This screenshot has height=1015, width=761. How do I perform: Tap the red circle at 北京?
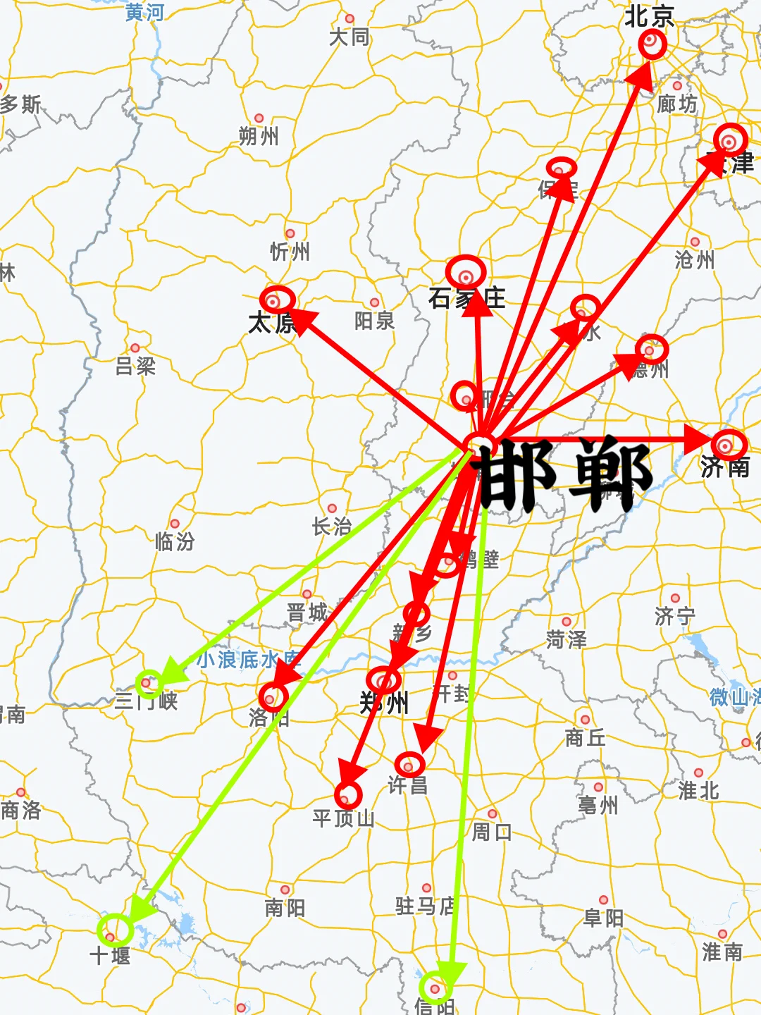[x=652, y=44]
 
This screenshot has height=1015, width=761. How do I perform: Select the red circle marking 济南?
[x=728, y=445]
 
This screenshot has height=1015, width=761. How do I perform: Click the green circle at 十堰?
[x=115, y=929]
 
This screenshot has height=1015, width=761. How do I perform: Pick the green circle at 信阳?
[x=435, y=988]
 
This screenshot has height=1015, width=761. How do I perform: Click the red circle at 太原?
[x=277, y=300]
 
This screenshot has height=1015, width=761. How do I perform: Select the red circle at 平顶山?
[x=348, y=794]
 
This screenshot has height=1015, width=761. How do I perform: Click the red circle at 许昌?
[x=409, y=763]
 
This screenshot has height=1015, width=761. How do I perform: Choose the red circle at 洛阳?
[x=273, y=697]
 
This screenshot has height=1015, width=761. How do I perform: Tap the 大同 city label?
[x=349, y=37]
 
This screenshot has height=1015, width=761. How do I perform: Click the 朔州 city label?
[x=259, y=136]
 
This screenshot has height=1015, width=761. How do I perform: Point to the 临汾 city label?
[x=175, y=541]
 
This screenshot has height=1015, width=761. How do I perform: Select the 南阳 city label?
[x=285, y=907]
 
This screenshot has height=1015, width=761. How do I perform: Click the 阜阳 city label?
[x=603, y=918]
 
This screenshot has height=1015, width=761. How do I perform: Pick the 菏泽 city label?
[x=566, y=639]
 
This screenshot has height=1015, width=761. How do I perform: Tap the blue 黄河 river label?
[x=144, y=12]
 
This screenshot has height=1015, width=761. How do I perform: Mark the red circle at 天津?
[x=730, y=140]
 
